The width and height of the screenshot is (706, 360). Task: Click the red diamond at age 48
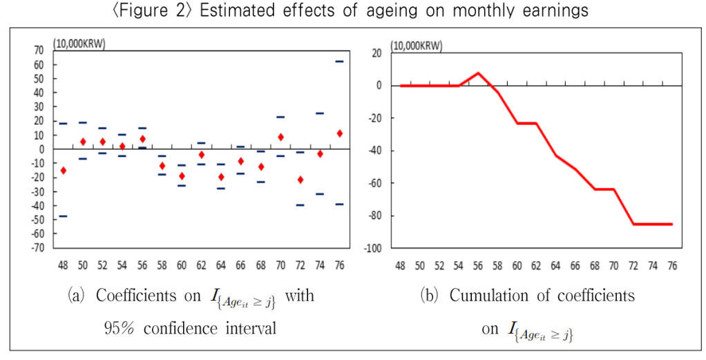click(63, 170)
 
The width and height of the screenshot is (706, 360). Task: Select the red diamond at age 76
click(339, 133)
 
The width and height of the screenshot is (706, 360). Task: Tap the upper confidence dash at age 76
click(339, 61)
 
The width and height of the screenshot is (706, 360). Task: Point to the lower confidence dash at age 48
click(63, 216)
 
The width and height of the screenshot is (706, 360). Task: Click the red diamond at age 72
click(300, 180)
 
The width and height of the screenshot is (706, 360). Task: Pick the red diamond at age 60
click(182, 176)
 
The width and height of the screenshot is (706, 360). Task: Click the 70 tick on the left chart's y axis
click(38, 50)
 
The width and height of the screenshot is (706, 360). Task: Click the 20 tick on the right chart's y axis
click(377, 53)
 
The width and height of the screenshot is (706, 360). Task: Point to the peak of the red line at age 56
click(478, 73)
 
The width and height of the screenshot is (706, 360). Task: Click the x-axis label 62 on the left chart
click(201, 265)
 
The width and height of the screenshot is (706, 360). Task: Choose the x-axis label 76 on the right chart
click(671, 265)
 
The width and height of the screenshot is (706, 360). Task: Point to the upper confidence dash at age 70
click(280, 117)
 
